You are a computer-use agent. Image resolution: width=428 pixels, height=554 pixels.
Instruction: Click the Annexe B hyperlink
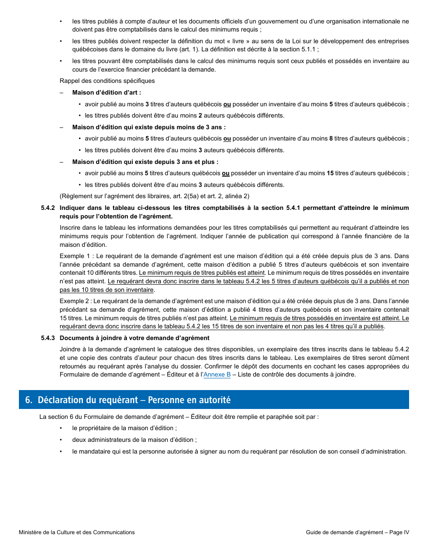[217, 374]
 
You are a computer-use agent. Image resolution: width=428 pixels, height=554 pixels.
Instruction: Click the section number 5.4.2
[48, 208]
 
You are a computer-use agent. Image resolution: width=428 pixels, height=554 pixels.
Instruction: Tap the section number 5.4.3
[48, 338]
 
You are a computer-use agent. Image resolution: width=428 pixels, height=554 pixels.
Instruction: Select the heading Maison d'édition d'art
[106, 92]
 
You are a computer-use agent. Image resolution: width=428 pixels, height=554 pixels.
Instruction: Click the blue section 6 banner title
[134, 400]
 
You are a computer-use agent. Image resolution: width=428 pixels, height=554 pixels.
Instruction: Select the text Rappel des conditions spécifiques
[107, 81]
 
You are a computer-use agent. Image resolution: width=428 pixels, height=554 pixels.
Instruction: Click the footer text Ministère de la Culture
[77, 532]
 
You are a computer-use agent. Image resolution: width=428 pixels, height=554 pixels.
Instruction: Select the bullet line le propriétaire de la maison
[124, 428]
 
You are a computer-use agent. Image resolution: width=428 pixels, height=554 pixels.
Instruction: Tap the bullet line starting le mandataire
[239, 451]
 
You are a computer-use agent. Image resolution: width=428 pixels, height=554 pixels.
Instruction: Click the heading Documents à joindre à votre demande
[134, 338]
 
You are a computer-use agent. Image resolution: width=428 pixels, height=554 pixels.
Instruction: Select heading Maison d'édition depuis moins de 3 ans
[149, 127]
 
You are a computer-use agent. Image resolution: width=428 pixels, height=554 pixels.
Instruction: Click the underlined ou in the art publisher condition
[227, 104]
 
